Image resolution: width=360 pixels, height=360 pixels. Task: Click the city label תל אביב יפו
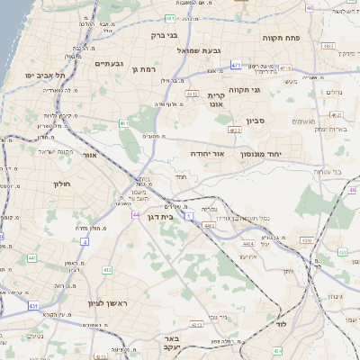43,75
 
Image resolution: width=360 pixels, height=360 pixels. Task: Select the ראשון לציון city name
109,303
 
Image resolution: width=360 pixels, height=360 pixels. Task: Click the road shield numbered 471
236,65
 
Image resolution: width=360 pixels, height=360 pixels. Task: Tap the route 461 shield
123,123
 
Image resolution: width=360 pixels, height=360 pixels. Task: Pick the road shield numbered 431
33,306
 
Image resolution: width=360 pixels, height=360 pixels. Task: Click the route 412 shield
107,269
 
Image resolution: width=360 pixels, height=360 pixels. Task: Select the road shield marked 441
31,258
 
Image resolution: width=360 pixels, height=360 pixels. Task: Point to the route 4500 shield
307,241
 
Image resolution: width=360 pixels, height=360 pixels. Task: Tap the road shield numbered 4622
236,130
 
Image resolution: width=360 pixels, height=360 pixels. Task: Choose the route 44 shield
134,216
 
